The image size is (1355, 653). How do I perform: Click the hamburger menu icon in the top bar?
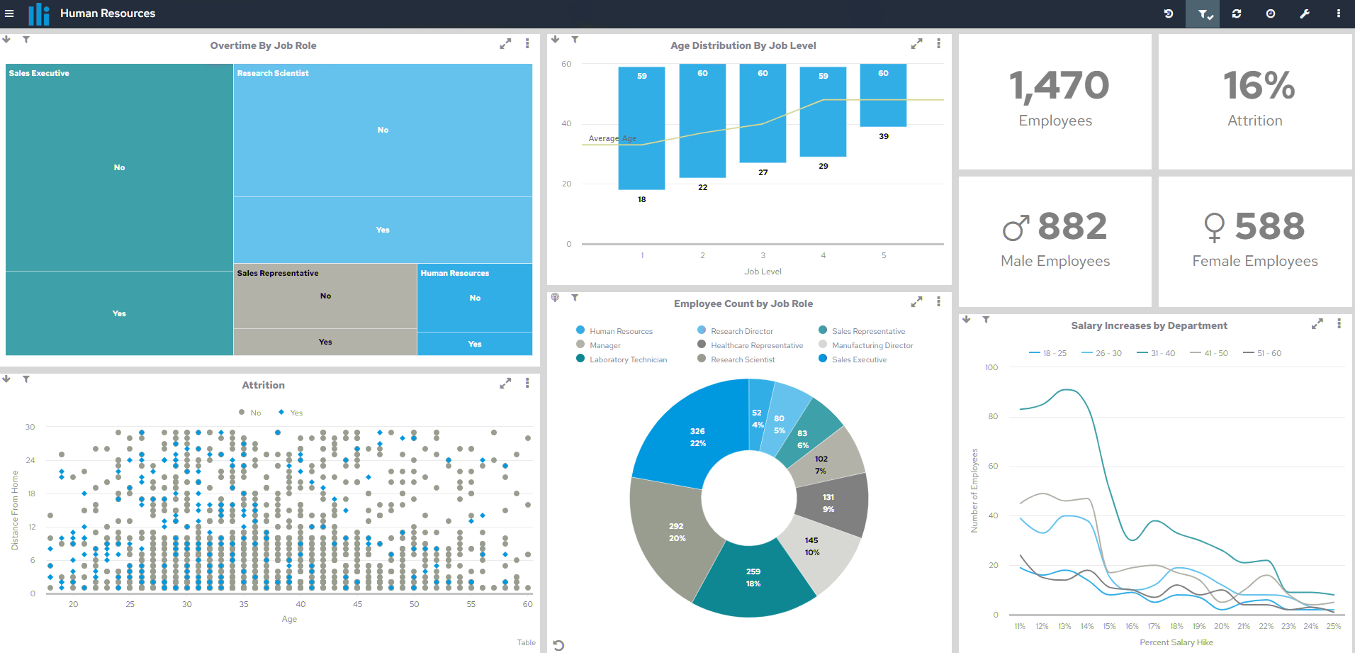9,13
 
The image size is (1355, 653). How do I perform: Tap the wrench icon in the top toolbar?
1304,13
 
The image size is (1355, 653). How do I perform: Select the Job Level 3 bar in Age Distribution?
763,113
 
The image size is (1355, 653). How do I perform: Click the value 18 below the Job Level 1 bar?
641,199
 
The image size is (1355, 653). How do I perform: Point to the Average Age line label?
612,138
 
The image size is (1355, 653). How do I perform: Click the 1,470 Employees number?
1059,86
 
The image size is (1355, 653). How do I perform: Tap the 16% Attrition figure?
1258,86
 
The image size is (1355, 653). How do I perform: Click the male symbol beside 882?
1016,228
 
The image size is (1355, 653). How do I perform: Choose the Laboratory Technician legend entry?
627,359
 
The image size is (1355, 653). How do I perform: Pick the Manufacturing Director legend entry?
872,345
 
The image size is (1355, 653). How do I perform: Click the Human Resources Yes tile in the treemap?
474,344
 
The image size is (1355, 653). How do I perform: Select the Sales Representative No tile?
325,296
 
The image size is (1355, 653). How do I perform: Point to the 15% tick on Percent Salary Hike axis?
1109,626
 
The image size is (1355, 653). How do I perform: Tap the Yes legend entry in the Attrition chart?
296,413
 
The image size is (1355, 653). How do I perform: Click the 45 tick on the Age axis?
357,604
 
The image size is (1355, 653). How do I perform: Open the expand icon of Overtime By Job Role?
505,44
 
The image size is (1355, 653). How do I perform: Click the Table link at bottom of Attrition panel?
526,642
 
